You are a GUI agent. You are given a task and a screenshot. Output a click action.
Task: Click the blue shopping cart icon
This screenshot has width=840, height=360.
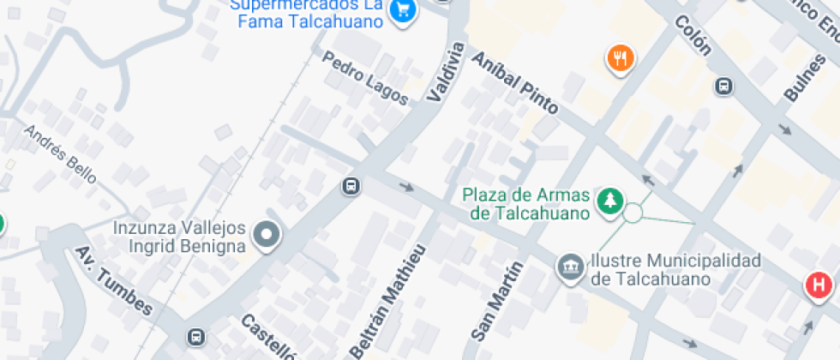(x=403, y=9)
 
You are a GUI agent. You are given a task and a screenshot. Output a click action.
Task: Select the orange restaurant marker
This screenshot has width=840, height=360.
(x=619, y=58)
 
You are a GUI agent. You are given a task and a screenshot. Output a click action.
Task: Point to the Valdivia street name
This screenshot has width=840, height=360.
(x=444, y=73)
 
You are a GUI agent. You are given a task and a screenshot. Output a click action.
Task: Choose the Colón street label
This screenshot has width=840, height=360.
(x=693, y=35)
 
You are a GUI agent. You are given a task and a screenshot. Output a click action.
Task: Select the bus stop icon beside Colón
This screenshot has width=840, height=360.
(x=724, y=86)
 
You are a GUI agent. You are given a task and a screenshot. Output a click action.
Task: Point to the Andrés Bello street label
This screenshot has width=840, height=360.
(x=60, y=154)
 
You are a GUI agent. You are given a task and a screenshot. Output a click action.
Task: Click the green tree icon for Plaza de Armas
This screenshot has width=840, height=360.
(x=609, y=200)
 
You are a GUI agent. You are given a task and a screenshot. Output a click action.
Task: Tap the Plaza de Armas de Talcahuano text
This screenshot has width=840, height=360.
(x=527, y=203)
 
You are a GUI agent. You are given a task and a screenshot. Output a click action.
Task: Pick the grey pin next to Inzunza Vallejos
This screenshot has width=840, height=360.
(x=268, y=235)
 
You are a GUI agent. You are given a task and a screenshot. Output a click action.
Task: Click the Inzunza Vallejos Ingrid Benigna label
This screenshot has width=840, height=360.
(x=180, y=237)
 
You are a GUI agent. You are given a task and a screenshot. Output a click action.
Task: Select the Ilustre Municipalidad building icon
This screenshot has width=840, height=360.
(x=568, y=266)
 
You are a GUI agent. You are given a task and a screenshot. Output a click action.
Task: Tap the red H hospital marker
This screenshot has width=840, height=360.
(x=819, y=285)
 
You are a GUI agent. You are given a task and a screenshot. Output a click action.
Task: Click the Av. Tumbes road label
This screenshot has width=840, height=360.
(x=113, y=280)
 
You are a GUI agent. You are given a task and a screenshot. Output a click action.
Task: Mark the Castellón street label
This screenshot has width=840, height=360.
(x=269, y=337)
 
